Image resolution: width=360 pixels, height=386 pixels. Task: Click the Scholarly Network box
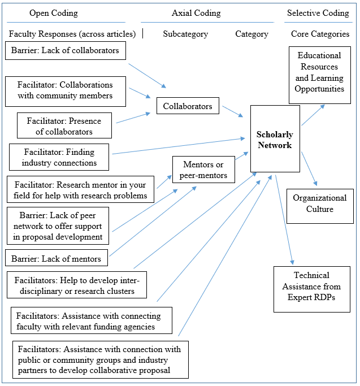click(275, 139)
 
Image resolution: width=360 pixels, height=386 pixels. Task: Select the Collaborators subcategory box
click(188, 106)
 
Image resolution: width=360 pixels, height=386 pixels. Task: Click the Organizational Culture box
click(320, 203)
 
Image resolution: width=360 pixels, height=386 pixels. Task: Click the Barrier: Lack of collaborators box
click(65, 51)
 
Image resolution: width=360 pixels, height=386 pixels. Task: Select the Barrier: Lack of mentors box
click(56, 259)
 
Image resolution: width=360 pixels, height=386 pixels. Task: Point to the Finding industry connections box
click(59, 157)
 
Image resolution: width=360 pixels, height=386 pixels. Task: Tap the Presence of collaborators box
click(64, 126)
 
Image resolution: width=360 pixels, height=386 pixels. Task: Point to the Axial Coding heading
click(196, 13)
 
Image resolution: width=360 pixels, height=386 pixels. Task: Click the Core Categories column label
click(320, 34)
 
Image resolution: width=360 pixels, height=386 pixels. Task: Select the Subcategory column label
click(185, 34)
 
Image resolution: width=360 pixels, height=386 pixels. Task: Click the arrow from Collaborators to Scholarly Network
click(233, 111)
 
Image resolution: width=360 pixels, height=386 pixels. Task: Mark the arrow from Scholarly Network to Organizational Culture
click(309, 168)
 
